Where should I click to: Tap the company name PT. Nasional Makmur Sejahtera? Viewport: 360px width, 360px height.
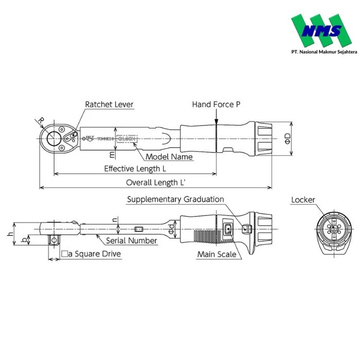click(317, 52)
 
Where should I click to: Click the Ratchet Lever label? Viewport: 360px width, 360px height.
click(109, 104)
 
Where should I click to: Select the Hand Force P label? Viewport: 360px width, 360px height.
click(216, 104)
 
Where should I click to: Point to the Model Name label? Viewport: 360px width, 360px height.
click(169, 157)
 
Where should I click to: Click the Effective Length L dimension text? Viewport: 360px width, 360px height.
click(135, 169)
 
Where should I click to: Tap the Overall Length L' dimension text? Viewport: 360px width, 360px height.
click(155, 183)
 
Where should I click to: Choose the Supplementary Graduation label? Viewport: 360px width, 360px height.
click(175, 199)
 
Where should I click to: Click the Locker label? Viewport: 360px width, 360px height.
click(303, 200)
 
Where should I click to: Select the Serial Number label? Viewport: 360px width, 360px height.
click(132, 240)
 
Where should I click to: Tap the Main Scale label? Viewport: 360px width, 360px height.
click(217, 254)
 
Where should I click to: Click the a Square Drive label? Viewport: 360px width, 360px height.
click(91, 254)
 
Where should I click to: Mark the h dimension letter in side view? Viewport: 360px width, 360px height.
click(10, 234)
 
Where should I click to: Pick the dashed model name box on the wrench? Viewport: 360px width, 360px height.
click(127, 138)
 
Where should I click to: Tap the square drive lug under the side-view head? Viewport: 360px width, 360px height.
click(53, 239)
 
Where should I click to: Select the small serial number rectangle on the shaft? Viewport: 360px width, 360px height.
click(138, 229)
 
